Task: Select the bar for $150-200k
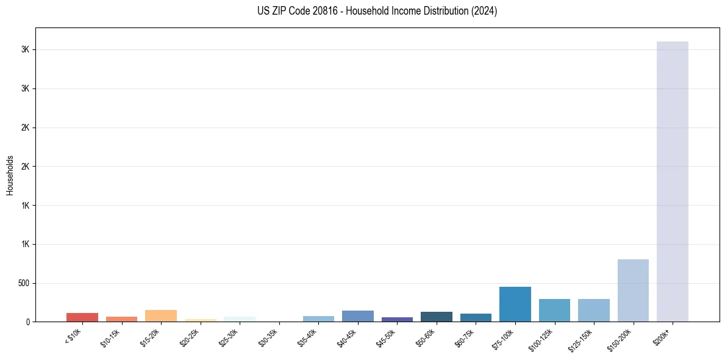coord(633,290)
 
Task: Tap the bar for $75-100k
coord(515,304)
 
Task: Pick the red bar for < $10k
coord(82,317)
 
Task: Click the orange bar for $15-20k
coord(161,315)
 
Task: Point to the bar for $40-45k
coord(358,316)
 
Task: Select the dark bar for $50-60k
coord(437,317)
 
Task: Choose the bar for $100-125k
coord(554,310)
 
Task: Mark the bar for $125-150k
coord(594,310)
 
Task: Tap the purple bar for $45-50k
coord(397,319)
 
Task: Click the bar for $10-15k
coord(121,319)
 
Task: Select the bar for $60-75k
coord(476,317)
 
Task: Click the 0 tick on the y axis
coord(29,322)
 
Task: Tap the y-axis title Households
coord(10,175)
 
